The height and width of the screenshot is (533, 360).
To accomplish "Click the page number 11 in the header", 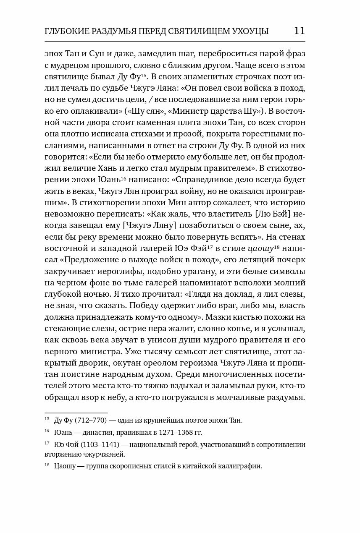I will coord(300,31).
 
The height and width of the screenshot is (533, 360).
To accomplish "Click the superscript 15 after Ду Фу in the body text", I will coord(143,75).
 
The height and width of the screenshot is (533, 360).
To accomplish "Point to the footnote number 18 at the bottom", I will coord(47,465).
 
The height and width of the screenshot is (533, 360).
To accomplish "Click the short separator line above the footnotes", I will coord(76,413).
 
